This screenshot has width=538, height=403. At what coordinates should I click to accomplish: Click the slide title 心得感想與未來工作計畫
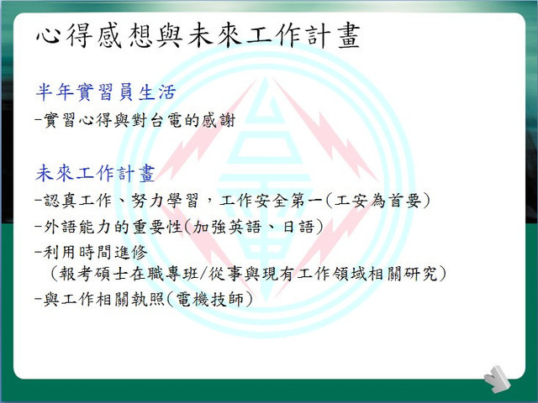point(198,35)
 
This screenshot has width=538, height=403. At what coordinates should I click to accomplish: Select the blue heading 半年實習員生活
point(106,92)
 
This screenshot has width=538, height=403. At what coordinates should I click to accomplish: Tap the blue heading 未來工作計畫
point(95,173)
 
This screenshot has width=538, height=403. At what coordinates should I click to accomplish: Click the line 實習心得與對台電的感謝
point(140,120)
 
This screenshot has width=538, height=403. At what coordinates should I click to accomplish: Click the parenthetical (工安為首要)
point(377,201)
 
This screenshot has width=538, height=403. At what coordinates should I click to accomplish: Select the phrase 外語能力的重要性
point(113,227)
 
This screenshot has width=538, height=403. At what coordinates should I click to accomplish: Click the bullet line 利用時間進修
point(96,252)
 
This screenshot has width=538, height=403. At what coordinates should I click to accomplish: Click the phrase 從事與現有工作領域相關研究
point(323,274)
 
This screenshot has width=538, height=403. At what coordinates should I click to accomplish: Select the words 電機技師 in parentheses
point(209,300)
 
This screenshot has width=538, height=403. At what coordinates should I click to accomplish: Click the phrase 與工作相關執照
point(104,300)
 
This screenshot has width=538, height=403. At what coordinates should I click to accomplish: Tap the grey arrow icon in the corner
point(497,379)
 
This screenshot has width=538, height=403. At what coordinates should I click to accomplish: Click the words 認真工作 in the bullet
point(78,201)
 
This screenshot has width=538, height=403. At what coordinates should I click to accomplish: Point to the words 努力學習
point(165,201)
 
